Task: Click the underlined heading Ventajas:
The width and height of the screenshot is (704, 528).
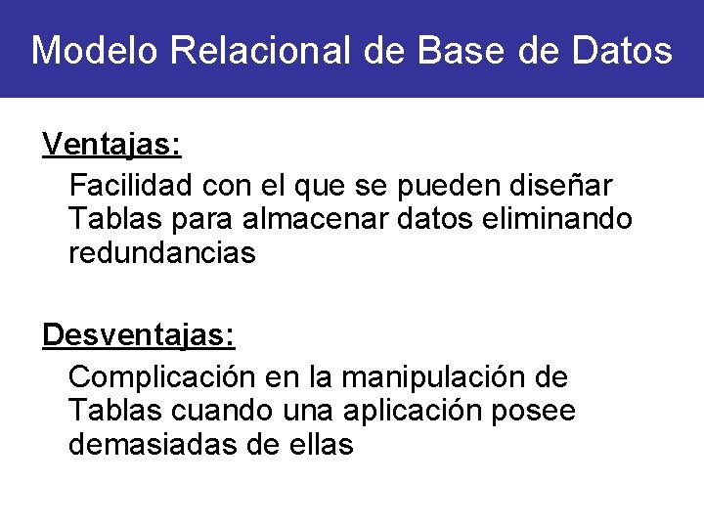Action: tap(111, 146)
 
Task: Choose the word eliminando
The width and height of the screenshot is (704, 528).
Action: tap(558, 218)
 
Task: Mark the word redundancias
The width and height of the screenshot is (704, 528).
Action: tap(161, 253)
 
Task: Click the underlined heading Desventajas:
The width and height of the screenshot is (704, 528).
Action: tap(138, 336)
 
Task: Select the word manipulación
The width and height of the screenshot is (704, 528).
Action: tap(426, 375)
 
